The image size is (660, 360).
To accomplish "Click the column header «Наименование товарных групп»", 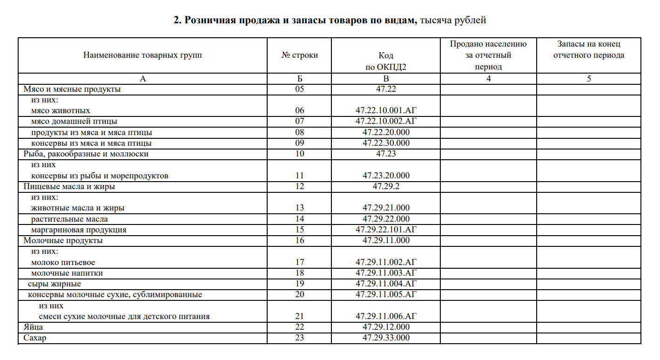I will [142, 55].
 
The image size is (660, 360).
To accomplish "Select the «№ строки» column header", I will [300, 55].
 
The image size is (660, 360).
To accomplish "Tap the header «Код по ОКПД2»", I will [386, 61].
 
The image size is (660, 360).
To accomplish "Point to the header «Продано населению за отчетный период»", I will [488, 55].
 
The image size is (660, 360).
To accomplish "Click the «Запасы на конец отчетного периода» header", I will [589, 50].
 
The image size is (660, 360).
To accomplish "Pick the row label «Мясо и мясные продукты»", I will [72, 89].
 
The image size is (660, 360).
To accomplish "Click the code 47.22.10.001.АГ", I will [386, 111].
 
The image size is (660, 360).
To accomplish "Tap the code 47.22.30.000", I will [386, 143].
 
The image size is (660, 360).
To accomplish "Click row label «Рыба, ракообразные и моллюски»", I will [86, 154].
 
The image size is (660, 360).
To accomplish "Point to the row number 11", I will [300, 176].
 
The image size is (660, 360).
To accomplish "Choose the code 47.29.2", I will [386, 186].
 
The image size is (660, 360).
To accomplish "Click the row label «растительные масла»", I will [69, 219].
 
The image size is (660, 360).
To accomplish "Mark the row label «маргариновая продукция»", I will [79, 230].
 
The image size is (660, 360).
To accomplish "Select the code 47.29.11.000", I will [386, 240].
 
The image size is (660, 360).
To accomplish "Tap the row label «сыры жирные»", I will [54, 284].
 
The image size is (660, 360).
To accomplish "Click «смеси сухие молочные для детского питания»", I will [124, 316].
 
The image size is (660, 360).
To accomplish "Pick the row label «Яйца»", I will [33, 327].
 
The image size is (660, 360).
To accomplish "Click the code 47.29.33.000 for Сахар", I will [386, 338].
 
